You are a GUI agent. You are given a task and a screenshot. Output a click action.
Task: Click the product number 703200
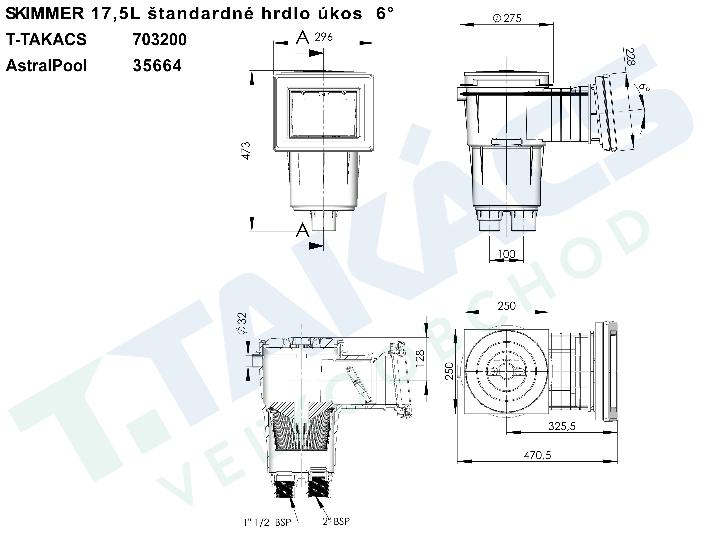[160, 40]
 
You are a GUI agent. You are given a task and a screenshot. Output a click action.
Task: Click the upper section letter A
[302, 38]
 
